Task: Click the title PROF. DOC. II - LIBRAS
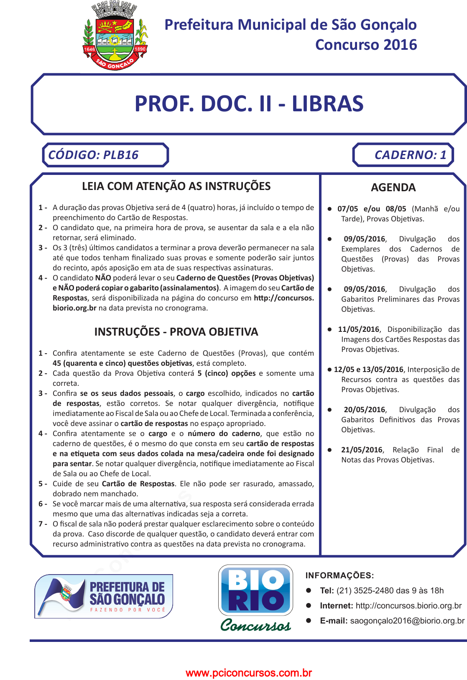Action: point(249,104)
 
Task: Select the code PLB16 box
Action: point(105,155)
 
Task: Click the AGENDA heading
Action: point(393,187)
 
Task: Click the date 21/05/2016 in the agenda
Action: point(362,450)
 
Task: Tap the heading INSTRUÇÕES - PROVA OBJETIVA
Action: point(176,332)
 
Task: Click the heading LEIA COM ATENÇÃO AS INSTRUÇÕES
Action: point(176,186)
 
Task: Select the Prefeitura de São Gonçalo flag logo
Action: point(104,596)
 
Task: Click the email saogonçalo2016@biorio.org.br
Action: point(407,621)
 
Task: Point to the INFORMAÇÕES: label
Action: point(339,575)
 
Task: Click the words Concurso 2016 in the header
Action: point(366,45)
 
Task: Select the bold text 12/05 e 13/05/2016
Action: point(368,370)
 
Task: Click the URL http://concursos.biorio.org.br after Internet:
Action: point(408,606)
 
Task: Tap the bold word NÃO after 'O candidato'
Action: point(103,278)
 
